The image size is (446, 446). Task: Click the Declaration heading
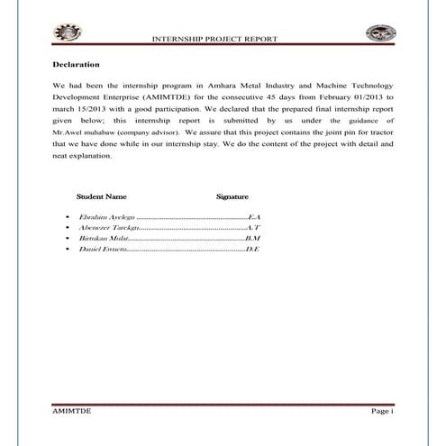tap(75, 65)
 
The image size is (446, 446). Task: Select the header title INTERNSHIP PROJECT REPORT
tap(216, 41)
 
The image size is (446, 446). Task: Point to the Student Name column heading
tap(101, 196)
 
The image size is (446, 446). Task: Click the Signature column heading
tap(232, 196)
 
